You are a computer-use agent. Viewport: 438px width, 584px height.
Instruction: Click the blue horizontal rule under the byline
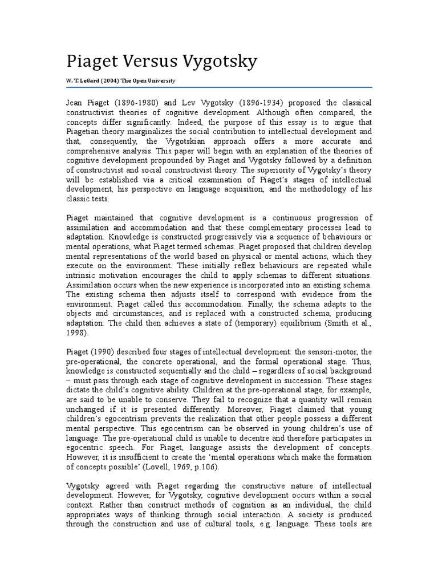[x=219, y=87]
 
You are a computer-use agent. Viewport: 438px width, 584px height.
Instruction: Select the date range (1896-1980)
[x=130, y=103]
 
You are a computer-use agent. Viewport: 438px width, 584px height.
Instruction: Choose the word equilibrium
[x=301, y=323]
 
